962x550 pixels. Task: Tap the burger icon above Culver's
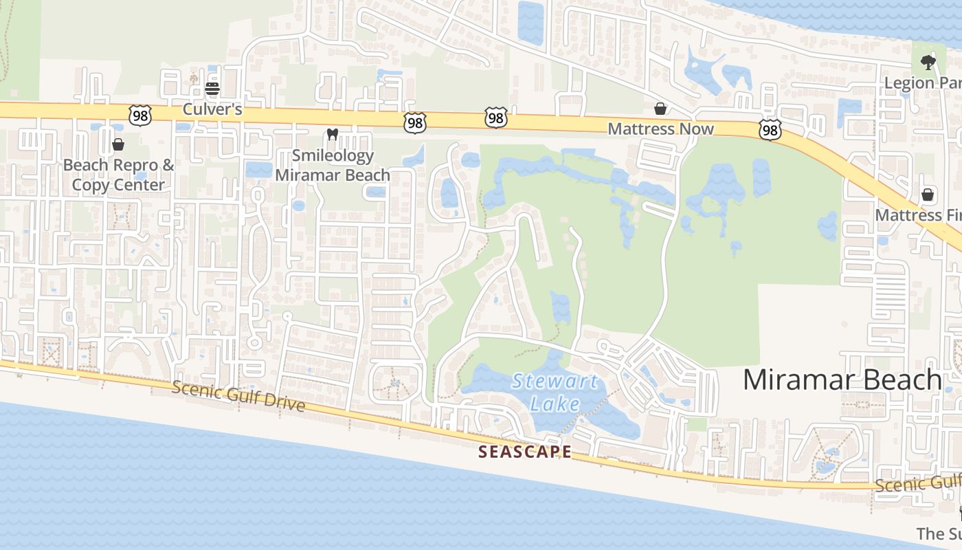(212, 89)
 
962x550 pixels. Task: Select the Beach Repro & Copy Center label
(118, 175)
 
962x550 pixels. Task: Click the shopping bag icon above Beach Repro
(118, 144)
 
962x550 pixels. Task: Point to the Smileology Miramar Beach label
(333, 165)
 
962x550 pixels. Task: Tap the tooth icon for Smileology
(333, 135)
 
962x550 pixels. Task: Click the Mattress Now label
(660, 129)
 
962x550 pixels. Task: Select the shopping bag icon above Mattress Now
(660, 109)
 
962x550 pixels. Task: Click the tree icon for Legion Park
(928, 63)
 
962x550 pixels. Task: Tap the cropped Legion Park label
(922, 83)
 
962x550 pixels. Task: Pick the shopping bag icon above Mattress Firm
(928, 195)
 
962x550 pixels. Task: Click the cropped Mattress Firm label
(918, 215)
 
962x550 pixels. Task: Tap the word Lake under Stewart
(555, 403)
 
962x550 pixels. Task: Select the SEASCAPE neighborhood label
(525, 452)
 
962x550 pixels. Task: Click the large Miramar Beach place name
(842, 379)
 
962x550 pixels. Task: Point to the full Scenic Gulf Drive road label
(238, 396)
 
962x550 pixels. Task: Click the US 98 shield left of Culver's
(140, 115)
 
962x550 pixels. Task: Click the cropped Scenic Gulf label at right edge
(918, 484)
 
